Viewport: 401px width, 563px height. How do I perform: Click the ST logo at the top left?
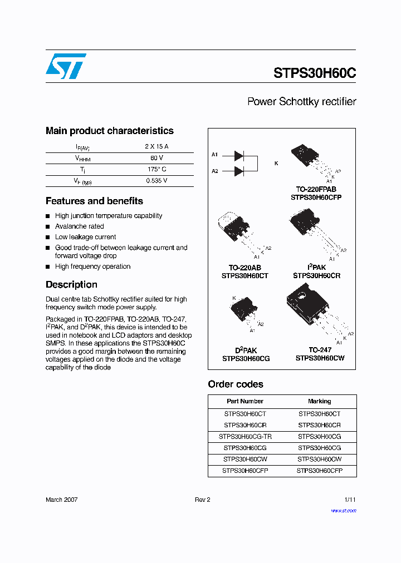coord(66,66)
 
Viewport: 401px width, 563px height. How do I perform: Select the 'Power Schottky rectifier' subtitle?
coord(301,102)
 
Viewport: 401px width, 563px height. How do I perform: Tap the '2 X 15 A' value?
coord(157,147)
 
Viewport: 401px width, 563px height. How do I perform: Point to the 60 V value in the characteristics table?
coord(157,158)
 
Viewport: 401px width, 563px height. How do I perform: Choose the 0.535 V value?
coord(157,180)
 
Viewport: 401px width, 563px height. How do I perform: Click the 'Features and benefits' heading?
coord(94,201)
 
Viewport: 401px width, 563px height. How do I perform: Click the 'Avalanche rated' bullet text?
coord(79,226)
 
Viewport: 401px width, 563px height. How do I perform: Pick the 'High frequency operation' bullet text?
coord(92,266)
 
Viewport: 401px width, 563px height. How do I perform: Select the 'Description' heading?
coord(71,284)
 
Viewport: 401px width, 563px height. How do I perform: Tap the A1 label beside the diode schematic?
coord(215,154)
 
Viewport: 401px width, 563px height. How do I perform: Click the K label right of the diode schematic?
coord(276,163)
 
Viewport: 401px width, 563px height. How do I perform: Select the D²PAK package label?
coord(246,350)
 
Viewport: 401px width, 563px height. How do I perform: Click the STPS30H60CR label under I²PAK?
coord(316,275)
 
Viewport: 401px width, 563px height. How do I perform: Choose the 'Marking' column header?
coord(319,401)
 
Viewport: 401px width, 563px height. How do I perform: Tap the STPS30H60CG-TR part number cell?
coord(244,437)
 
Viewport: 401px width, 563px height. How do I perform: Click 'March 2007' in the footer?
coord(61,500)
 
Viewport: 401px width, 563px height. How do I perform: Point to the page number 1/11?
coord(350,500)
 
